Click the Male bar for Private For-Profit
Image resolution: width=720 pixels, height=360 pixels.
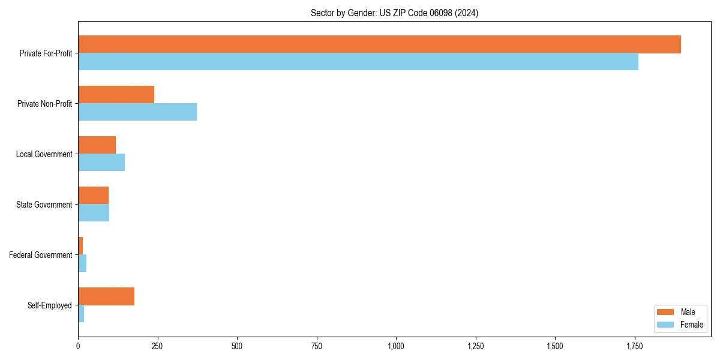tap(379, 44)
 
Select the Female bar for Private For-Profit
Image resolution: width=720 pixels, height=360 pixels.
tap(358, 62)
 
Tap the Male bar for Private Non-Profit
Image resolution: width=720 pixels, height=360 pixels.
tap(116, 95)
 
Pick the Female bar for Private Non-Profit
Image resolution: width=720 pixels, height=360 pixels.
tap(137, 112)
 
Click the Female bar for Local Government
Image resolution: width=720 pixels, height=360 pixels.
tap(101, 163)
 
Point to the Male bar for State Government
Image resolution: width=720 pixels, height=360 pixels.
tap(93, 196)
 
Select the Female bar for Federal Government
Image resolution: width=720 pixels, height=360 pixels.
tap(82, 263)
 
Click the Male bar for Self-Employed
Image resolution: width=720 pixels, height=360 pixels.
tap(106, 296)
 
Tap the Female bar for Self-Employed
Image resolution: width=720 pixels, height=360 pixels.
tap(81, 314)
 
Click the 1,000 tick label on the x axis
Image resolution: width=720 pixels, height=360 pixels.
tap(396, 346)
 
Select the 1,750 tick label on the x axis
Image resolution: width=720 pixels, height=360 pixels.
tap(635, 346)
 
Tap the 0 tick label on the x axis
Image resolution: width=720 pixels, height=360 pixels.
tap(78, 346)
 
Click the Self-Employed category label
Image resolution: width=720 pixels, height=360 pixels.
tap(50, 305)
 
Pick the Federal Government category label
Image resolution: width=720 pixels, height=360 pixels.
tap(41, 255)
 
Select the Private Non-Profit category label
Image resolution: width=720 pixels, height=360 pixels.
tap(44, 104)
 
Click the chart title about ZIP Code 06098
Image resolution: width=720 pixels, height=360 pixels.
tap(394, 13)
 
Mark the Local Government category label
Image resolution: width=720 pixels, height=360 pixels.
tap(44, 154)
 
